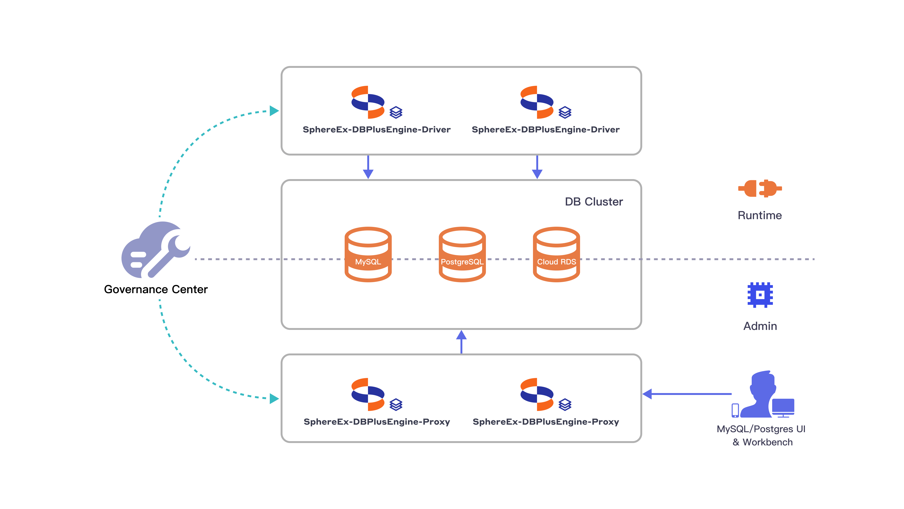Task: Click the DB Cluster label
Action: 593,202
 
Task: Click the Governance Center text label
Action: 155,289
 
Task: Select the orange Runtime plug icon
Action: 760,189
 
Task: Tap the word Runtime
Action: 759,215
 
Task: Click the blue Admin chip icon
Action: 760,295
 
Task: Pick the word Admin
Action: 760,326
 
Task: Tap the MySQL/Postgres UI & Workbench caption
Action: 761,435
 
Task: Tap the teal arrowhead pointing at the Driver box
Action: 274,111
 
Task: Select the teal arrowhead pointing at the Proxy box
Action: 274,399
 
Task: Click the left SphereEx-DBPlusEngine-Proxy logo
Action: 368,394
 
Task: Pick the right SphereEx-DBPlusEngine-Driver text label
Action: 545,130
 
